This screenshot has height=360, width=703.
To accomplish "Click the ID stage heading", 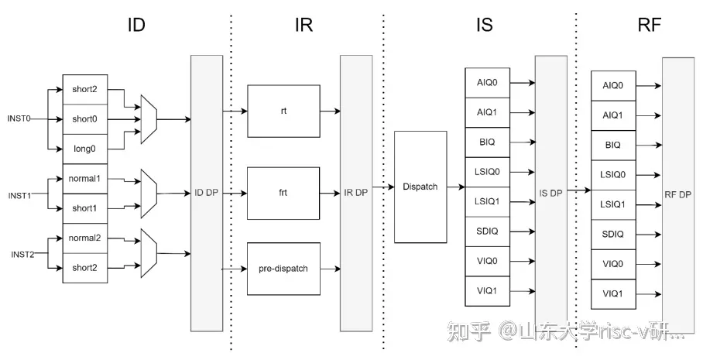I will click(136, 25).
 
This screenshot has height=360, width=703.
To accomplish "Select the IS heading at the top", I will click(484, 25).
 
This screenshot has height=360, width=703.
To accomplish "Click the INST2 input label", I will click(23, 254).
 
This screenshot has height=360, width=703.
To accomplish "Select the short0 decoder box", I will click(85, 119).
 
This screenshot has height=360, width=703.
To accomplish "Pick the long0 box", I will click(85, 148).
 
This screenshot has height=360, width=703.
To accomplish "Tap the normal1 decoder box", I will click(85, 179).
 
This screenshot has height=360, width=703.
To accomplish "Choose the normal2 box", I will click(85, 238).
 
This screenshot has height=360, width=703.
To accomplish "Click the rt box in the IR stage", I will click(283, 111).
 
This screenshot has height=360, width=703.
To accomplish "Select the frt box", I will click(283, 193).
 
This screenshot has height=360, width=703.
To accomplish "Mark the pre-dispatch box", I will click(283, 269).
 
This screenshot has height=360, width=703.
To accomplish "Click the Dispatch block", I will click(420, 187).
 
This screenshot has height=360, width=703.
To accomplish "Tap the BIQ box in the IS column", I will click(487, 142).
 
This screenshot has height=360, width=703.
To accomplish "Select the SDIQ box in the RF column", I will click(613, 234).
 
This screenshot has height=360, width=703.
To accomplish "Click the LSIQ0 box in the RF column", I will click(613, 175).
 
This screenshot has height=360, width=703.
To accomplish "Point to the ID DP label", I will click(206, 193).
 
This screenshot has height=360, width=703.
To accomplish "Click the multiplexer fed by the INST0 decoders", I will click(149, 119).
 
